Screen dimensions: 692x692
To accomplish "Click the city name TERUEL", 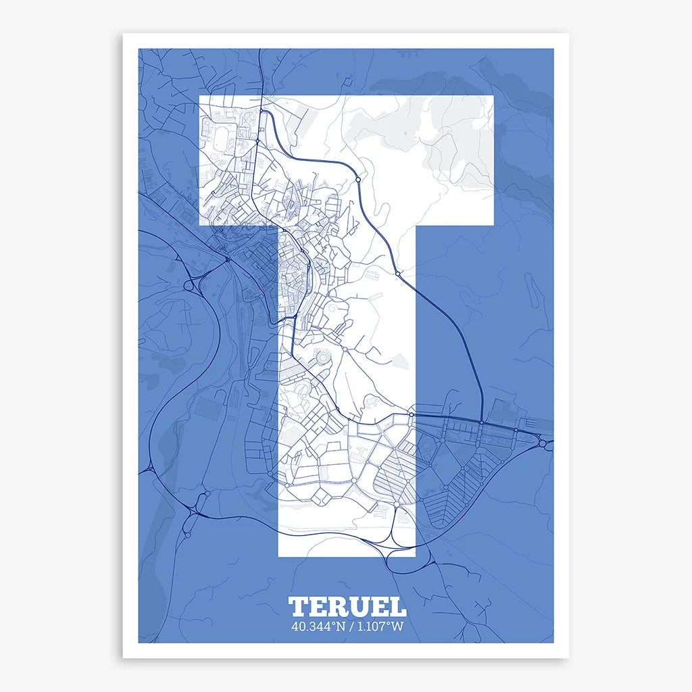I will (347, 606).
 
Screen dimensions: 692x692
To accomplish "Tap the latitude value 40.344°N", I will (318, 626).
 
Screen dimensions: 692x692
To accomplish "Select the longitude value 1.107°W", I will (380, 626).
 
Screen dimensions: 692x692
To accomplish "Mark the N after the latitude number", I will (341, 626).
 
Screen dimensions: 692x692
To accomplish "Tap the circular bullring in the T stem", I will (323, 356).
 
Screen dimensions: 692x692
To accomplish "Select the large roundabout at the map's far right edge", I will (543, 443).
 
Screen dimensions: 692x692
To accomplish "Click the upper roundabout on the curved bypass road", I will (356, 179).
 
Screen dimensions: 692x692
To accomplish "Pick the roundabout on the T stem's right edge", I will (411, 414).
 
